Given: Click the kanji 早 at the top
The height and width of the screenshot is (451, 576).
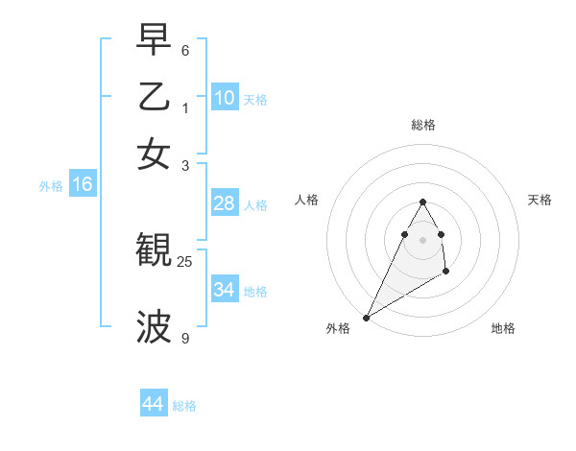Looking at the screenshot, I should click(x=154, y=39).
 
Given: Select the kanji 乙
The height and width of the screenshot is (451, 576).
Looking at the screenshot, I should click(x=154, y=97).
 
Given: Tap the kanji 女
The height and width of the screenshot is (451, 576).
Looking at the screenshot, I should click(x=154, y=154).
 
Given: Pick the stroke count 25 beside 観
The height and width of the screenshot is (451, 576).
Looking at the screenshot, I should click(x=185, y=261).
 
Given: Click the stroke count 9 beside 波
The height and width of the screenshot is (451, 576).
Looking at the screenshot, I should click(x=185, y=338).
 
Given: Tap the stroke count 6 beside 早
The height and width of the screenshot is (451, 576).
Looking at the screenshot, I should click(x=185, y=50).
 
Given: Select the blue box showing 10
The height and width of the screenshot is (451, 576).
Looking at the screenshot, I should click(x=225, y=97).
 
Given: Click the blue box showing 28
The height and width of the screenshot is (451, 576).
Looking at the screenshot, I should click(x=225, y=203).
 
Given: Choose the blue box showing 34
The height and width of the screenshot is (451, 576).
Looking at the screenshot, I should click(x=225, y=289).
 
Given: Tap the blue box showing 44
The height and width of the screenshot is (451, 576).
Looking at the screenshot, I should click(x=154, y=404).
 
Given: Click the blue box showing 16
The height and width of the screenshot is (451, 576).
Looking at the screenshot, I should click(x=82, y=185).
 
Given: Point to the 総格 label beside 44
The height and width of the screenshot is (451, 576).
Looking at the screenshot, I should click(x=184, y=406).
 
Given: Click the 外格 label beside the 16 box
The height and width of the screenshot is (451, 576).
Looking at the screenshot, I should click(x=51, y=186).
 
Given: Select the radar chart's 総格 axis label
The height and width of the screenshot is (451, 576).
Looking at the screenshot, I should click(x=423, y=125).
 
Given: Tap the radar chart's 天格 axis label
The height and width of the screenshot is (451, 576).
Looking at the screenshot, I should click(x=540, y=200).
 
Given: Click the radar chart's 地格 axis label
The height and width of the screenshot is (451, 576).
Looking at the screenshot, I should click(x=503, y=328).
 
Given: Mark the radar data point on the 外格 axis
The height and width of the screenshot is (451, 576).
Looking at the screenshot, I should click(x=366, y=318).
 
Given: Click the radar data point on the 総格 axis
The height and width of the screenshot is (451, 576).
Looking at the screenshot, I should click(x=423, y=202).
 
